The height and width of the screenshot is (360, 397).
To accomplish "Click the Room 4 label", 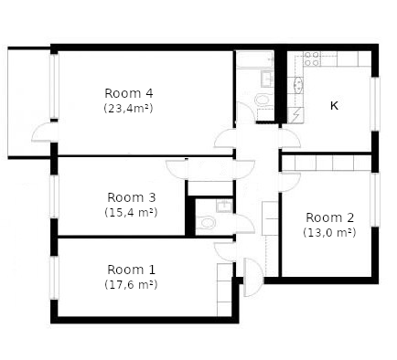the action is pos(129,93).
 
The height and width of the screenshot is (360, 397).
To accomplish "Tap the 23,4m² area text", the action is pos(128,108).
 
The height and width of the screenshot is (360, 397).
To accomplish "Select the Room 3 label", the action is pos(132,197).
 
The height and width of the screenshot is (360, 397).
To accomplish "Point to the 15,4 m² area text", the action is pos(131,212).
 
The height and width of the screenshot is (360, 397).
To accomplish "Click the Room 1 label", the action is pos(131,270).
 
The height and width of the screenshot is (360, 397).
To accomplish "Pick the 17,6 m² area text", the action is pos(131,284).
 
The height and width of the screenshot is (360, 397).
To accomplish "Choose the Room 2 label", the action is pos(330,217).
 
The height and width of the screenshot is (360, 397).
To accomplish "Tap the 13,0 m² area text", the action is pos(329,232).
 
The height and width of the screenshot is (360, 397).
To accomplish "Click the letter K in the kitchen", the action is pos(334,106).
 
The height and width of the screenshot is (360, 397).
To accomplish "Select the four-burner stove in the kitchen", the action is pos(312,58).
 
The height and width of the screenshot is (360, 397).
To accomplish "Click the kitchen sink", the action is pos(298,84).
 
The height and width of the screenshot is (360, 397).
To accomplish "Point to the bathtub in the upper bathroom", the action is pos(255,59).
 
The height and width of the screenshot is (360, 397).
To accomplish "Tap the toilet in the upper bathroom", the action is pos(263,100).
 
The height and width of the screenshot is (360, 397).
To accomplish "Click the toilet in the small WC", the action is pos(205,223).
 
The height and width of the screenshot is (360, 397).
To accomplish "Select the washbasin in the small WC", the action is pos(224,206).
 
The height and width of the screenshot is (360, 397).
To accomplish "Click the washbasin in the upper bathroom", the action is pos(268,79).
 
